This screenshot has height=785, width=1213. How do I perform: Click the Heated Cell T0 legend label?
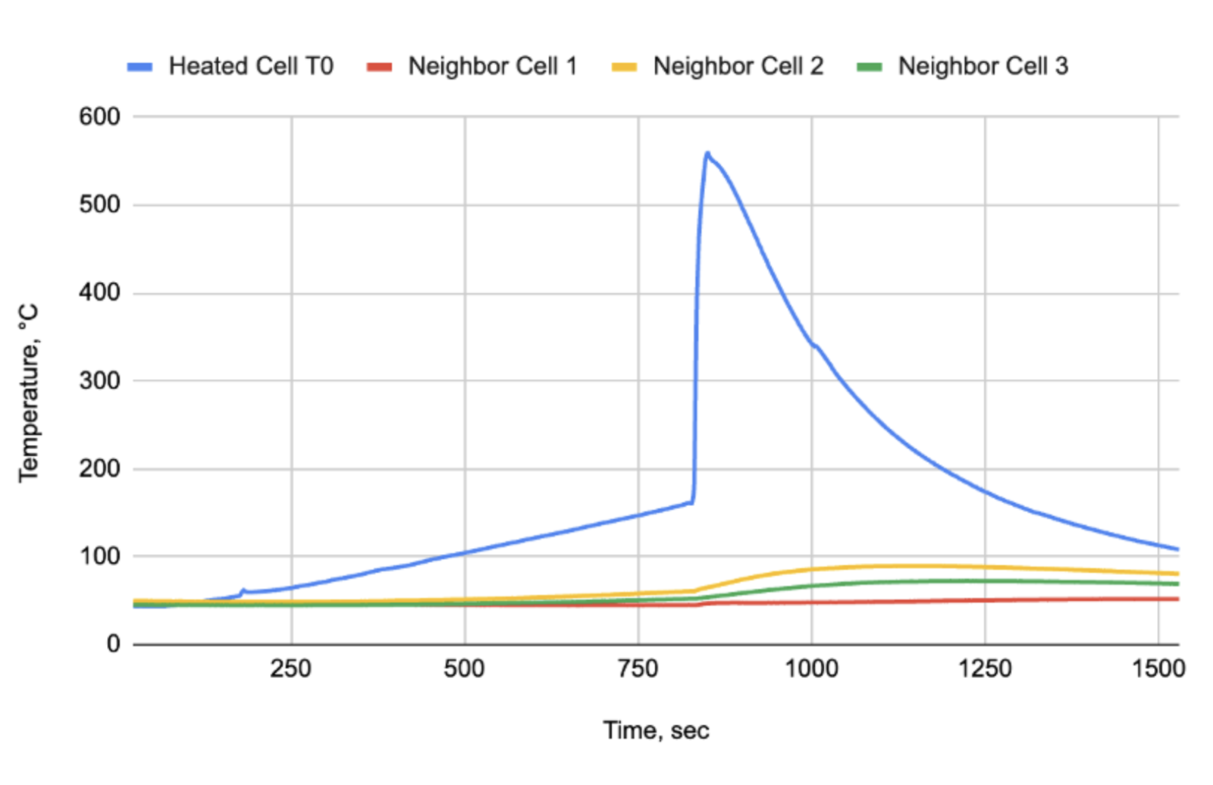pos(250,67)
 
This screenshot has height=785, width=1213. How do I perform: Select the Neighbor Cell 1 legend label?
pos(492,67)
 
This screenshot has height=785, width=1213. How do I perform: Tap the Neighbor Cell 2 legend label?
pos(738,67)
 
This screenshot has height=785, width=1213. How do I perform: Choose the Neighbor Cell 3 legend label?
pos(983,67)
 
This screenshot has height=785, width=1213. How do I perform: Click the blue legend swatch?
pos(140,67)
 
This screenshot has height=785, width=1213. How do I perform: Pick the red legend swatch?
pos(379,67)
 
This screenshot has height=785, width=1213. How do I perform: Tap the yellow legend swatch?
pos(624,67)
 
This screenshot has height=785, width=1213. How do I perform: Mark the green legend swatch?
pos(869,67)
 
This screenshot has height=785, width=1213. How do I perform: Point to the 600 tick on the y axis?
pos(99,117)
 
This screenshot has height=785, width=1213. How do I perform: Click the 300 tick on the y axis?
pos(99,380)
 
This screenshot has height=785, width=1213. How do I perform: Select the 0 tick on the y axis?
pos(113,644)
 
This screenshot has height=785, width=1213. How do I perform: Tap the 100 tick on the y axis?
pos(99,556)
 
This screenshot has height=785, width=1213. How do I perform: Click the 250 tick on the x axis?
pos(291,668)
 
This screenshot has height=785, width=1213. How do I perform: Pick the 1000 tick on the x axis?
pos(811,668)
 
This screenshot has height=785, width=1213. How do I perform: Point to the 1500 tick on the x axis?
pos(1158,668)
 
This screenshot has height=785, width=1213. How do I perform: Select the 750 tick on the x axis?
pos(638,668)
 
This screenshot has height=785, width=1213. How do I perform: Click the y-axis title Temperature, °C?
pos(29,392)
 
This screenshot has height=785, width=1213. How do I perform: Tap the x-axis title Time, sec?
pos(656,730)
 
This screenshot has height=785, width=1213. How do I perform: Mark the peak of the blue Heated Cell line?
pos(707,153)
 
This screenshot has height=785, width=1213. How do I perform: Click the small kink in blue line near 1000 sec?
pos(814,346)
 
